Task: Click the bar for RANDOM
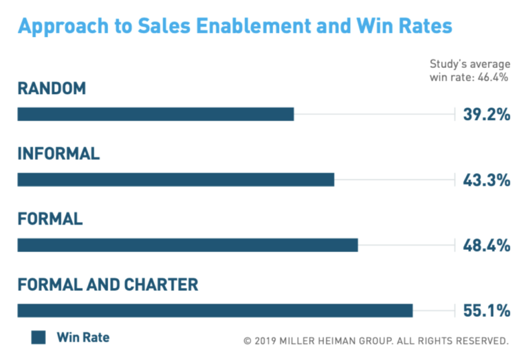tap(155, 114)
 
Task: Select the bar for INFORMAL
tap(175, 179)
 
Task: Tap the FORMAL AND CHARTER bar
tap(214, 311)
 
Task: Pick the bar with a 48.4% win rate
tap(187, 245)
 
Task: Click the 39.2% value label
tap(486, 114)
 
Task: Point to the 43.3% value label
tap(486, 180)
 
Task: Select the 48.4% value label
tap(486, 245)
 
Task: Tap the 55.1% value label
tap(486, 311)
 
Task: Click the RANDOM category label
tap(52, 89)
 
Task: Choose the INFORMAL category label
tap(58, 154)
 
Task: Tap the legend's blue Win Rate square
tap(38, 337)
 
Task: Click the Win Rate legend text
tap(82, 337)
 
